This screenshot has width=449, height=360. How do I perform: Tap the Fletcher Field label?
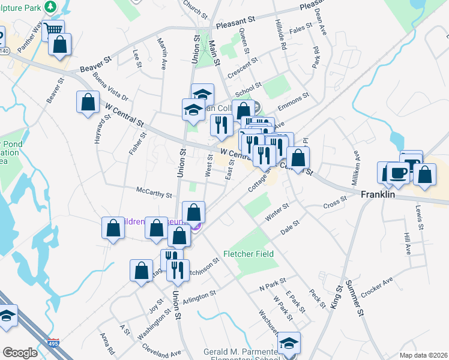tap(249, 254)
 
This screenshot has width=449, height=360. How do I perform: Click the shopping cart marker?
tap(54, 30)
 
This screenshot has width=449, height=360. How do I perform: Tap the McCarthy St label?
tap(154, 195)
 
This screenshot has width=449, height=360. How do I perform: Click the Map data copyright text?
tap(423, 355)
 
